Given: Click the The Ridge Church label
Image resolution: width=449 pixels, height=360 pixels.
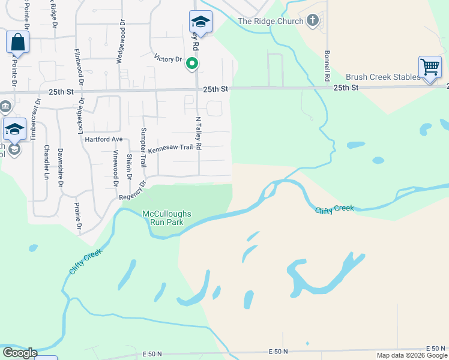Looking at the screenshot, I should (271, 22).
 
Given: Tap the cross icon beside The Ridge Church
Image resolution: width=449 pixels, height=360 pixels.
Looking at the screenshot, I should (312, 21).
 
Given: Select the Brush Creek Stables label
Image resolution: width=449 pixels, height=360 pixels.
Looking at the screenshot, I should (382, 77).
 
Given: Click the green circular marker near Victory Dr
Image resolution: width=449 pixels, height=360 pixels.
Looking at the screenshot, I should (192, 62).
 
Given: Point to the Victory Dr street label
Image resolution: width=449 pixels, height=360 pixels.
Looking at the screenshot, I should (168, 59).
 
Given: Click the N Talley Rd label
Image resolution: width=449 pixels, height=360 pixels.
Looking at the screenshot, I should (197, 133).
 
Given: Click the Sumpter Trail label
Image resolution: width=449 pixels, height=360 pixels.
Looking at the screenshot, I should (143, 148).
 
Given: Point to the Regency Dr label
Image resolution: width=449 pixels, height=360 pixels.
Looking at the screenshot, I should (133, 191).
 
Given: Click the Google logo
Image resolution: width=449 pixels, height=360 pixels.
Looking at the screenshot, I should (19, 353).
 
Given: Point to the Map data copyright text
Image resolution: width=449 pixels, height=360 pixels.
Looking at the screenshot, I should (411, 355).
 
